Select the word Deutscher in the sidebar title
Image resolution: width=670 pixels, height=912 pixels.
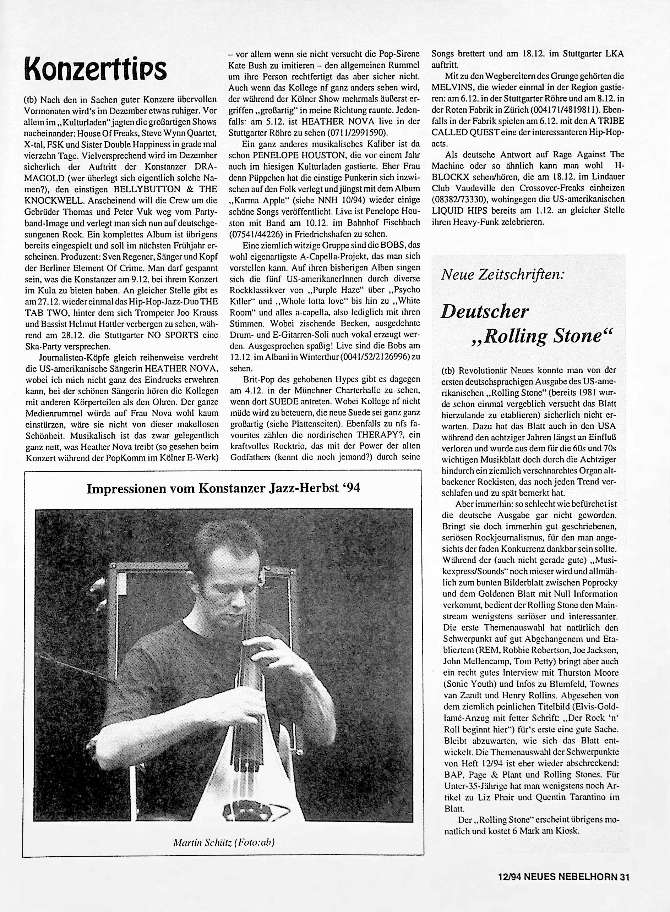(485, 311)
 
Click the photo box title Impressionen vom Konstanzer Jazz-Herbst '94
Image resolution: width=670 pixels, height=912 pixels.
(223, 488)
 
